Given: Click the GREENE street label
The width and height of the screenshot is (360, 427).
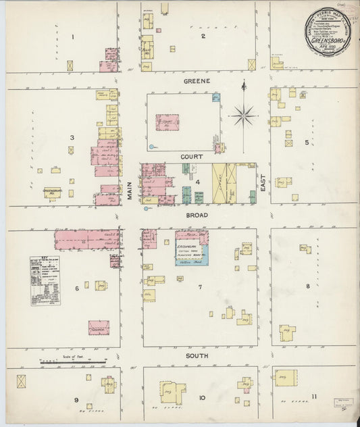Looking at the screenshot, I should coord(197,80).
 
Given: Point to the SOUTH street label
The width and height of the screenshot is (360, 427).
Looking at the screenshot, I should coord(197,355).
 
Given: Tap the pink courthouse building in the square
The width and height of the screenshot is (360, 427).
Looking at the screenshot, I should coord(168,122).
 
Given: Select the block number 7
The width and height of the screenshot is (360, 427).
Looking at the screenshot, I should coord(199,288).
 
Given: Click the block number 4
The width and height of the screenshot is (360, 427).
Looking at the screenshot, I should coord(198,182).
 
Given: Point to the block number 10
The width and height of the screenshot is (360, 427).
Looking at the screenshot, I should coord(202,397).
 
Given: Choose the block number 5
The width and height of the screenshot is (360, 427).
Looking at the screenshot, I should coord(306,143).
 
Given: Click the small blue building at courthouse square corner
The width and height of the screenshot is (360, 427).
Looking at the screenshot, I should coord(216,97).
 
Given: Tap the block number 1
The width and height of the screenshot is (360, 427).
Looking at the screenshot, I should coord(74,36).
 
